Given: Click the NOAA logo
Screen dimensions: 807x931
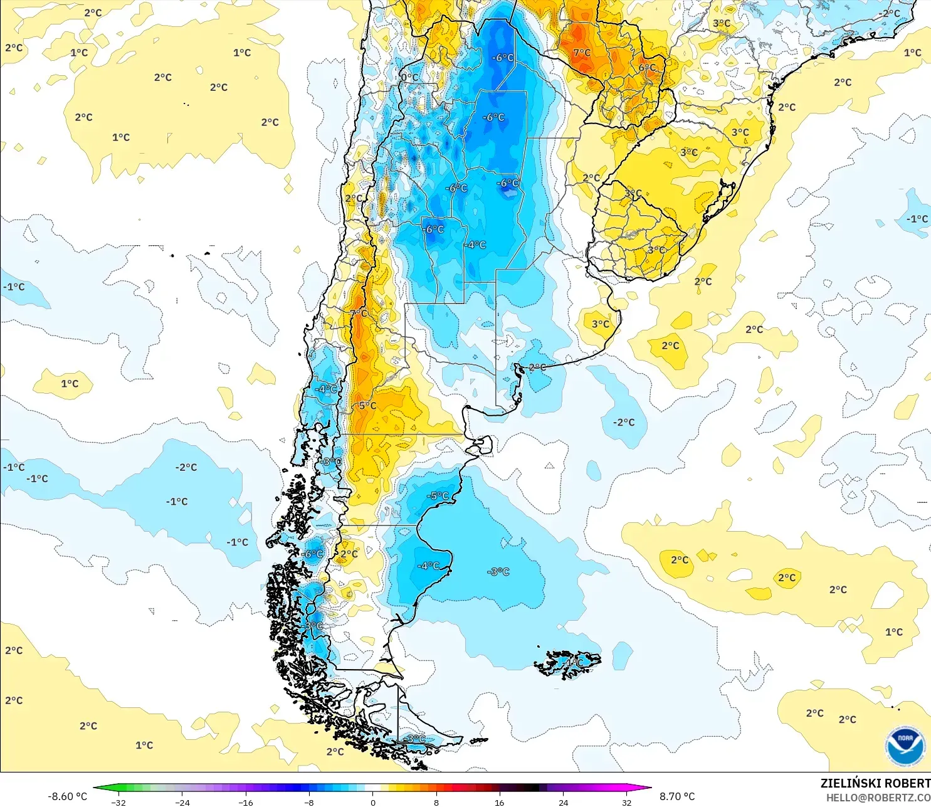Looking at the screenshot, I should (x=905, y=746).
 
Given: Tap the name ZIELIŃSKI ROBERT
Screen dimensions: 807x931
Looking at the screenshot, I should (x=875, y=783).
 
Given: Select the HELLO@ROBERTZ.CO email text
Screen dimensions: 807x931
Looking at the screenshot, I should (x=878, y=798).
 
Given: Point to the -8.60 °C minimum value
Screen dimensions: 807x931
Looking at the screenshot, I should (x=67, y=796).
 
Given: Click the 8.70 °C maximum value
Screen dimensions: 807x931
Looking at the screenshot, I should (x=677, y=796).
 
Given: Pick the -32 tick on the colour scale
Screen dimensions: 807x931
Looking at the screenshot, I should (x=118, y=802).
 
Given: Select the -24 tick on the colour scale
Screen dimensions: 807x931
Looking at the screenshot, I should (x=182, y=802).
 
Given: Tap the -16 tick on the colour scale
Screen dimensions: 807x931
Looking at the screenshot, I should (x=246, y=802).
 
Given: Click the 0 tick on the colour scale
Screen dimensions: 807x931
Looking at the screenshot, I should (x=373, y=802).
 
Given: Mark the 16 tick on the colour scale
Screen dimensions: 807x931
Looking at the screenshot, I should (x=500, y=802).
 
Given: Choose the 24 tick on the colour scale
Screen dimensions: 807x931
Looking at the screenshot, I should (x=563, y=802).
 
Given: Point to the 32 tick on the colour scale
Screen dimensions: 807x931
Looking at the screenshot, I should (x=626, y=802).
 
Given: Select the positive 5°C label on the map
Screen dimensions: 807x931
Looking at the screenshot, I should (x=367, y=406).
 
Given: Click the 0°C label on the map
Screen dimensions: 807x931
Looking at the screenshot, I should (x=409, y=78).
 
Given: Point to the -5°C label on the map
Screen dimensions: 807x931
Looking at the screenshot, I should (x=438, y=496).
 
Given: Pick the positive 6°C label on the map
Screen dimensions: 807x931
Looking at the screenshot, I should (x=648, y=68).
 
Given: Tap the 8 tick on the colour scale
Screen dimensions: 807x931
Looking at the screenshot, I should (x=436, y=802).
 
